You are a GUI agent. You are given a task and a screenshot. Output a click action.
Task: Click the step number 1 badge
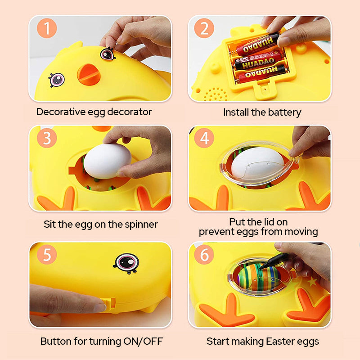click(47, 29)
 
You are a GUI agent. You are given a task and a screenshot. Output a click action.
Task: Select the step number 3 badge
click(47, 139)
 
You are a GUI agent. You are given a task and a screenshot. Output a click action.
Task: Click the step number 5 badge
click(47, 255)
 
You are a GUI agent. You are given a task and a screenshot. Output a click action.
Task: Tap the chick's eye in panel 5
click(126, 262)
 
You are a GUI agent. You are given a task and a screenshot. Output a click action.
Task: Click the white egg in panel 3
click(107, 160)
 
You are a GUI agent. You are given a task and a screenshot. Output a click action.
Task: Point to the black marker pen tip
click(262, 268)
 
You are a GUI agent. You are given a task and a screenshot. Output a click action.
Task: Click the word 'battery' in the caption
click(284, 112)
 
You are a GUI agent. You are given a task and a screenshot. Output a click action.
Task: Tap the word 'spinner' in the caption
click(140, 224)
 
